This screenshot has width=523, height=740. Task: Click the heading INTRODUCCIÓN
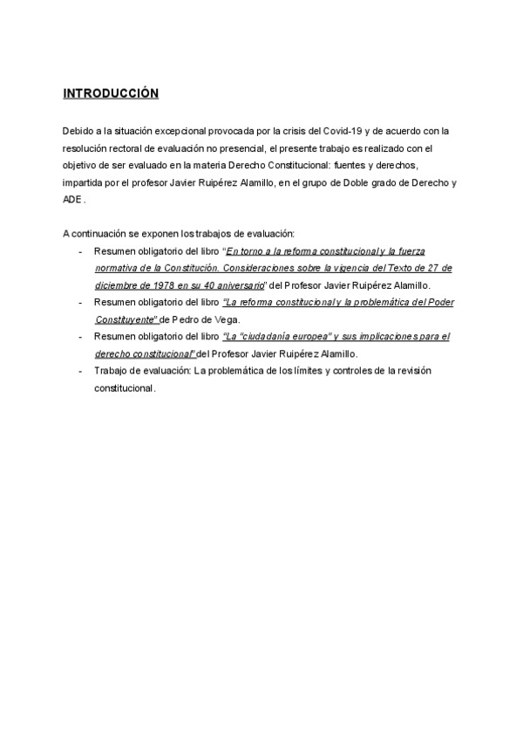point(111,93)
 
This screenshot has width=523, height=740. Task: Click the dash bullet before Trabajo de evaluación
point(80,371)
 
